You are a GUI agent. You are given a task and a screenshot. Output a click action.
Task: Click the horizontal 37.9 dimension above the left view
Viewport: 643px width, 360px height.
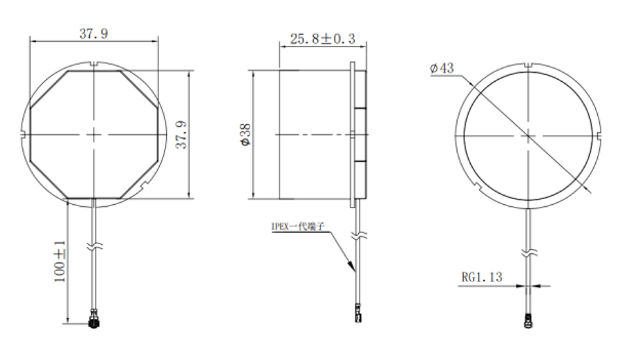tap(94, 34)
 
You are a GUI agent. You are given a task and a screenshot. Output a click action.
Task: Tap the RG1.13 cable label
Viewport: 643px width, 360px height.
tap(481, 277)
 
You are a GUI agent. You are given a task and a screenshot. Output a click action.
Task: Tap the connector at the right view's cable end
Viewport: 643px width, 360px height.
tap(527, 321)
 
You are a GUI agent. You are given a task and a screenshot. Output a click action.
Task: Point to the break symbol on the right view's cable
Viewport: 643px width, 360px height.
tap(528, 252)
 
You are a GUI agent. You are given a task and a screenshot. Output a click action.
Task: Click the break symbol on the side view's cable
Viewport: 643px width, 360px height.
tap(358, 234)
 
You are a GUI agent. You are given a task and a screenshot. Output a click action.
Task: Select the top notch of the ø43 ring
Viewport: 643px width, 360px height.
tap(528, 64)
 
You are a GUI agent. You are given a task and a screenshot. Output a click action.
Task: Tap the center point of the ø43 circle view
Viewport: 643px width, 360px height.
tap(528, 135)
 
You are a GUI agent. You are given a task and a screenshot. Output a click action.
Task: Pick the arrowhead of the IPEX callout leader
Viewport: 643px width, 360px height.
tap(354, 268)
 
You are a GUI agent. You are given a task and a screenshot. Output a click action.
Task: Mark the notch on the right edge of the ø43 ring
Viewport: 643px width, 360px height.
tap(598, 135)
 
